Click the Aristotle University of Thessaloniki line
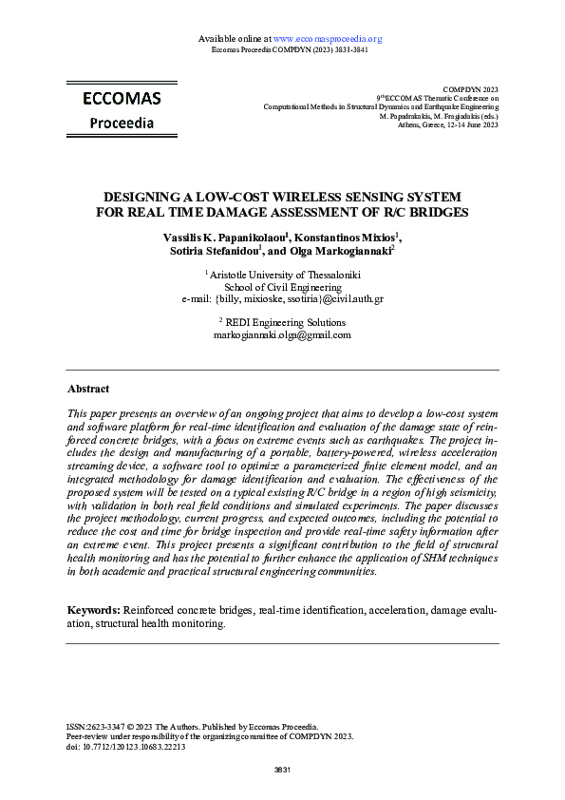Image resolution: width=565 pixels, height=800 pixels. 284,275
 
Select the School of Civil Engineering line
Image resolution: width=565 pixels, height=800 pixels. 282,287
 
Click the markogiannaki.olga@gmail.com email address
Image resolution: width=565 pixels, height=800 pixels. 282,335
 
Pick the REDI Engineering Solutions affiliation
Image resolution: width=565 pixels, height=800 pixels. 284,323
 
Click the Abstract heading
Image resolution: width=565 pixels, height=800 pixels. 88,389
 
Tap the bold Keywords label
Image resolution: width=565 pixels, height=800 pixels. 93,609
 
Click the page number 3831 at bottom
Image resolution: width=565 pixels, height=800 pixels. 282,769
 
